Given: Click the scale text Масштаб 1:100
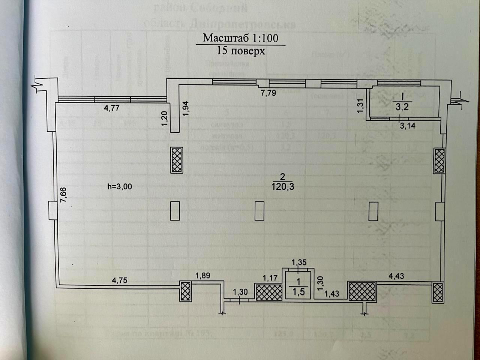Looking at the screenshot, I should coord(240,38).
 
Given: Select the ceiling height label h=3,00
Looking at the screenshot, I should coord(120,186).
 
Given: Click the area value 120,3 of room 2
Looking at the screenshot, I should coord(283,186).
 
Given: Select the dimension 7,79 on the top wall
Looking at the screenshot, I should coord(268,93).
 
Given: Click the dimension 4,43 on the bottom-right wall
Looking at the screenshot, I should coord(397,276).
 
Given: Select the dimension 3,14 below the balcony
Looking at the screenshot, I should coord(408,126).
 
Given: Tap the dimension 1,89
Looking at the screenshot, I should coord(202,276).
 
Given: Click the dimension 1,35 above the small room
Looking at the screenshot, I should coord(299,262).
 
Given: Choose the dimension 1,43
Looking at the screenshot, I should coord(331,293).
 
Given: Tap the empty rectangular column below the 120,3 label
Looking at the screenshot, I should coord(259,211).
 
